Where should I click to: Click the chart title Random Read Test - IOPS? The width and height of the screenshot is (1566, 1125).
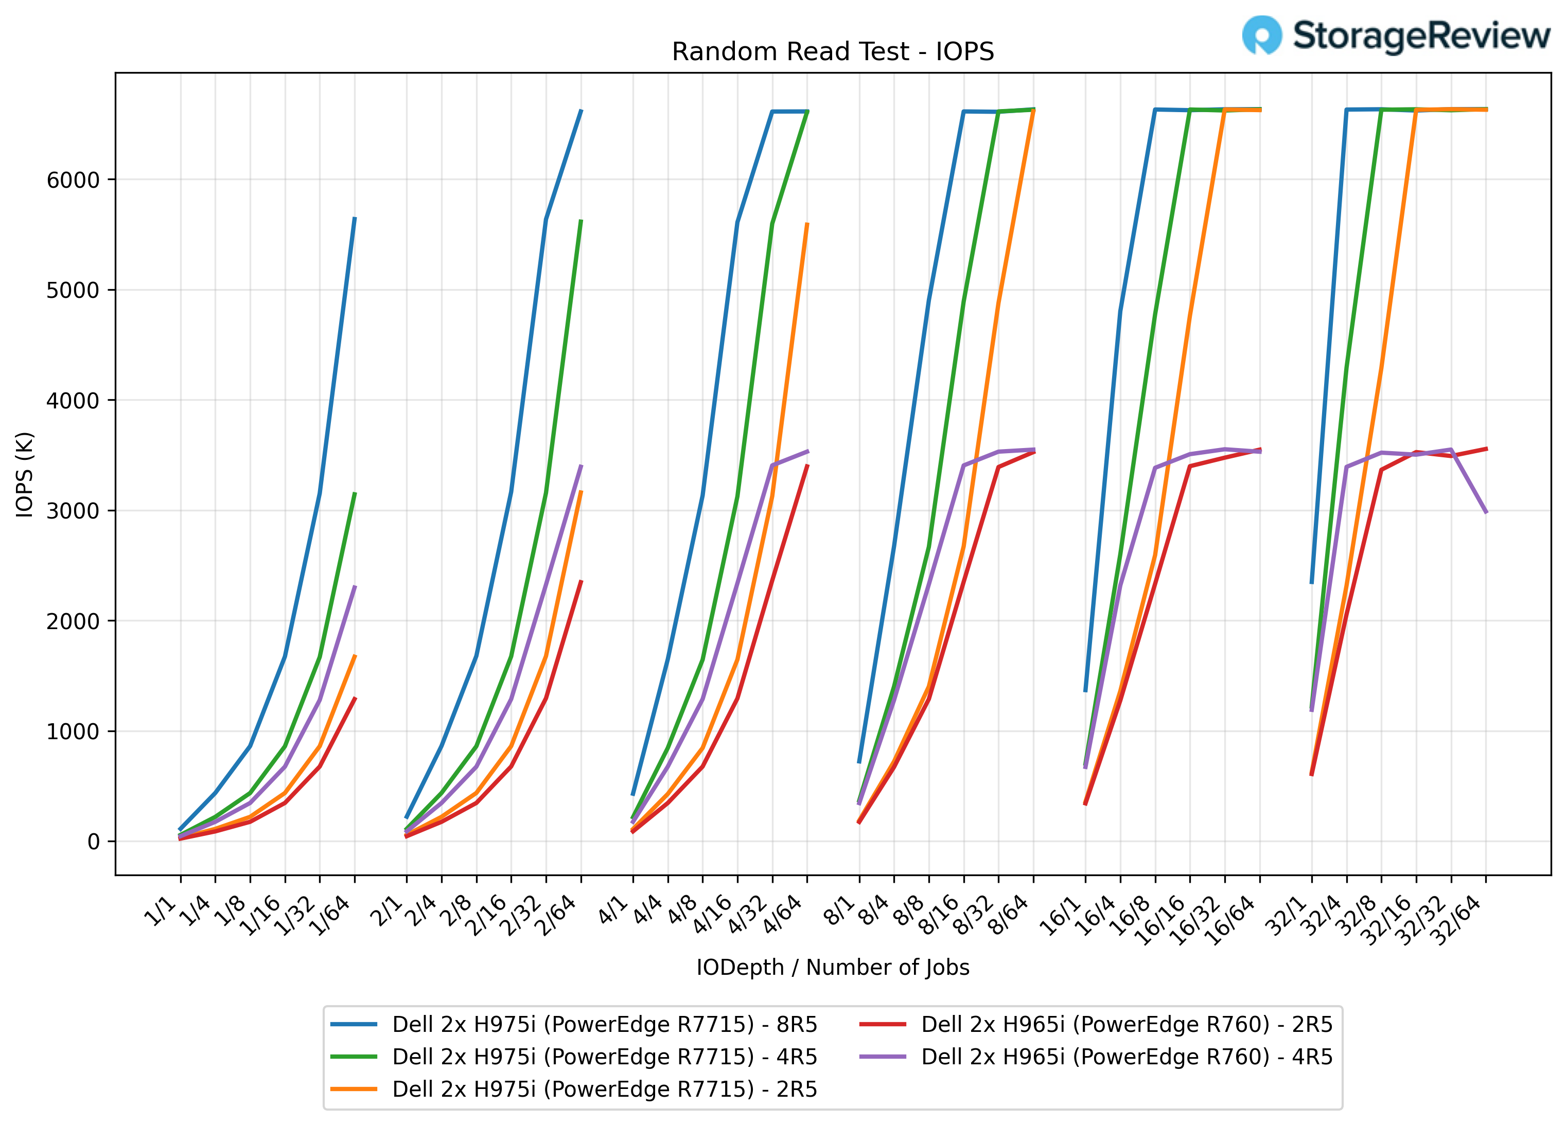click(x=832, y=52)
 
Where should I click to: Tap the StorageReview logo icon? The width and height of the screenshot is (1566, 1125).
click(x=1261, y=35)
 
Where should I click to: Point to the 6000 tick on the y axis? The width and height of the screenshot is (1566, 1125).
click(x=73, y=180)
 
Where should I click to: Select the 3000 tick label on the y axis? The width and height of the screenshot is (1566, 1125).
click(x=73, y=511)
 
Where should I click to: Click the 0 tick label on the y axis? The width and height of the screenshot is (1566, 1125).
click(x=93, y=842)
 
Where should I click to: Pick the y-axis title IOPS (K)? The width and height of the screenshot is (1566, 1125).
click(x=25, y=474)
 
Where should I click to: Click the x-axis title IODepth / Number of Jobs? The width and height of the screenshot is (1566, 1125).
click(x=832, y=967)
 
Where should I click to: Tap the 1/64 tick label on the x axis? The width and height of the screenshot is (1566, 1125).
click(x=333, y=916)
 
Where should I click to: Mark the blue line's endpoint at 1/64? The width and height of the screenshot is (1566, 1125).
click(x=355, y=218)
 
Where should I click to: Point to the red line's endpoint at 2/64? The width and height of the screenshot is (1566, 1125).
click(x=582, y=581)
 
